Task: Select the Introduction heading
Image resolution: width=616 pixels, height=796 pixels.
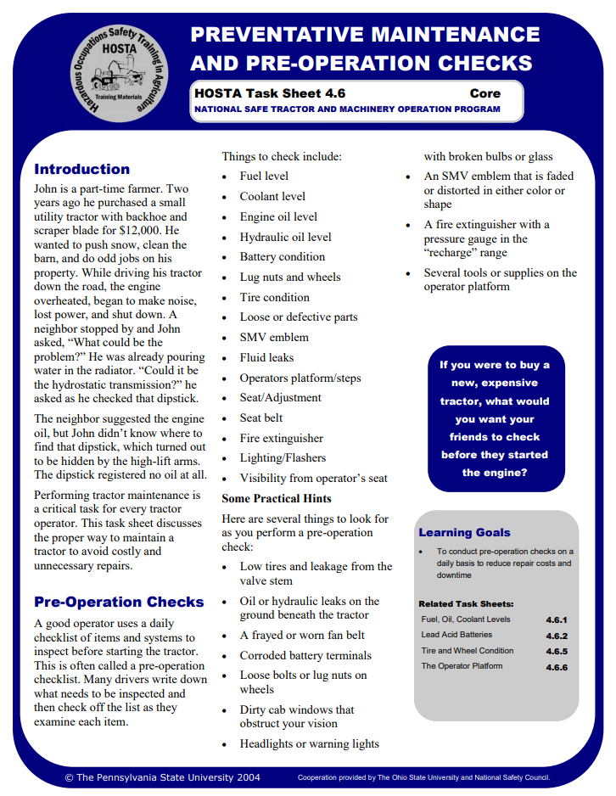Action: click(x=81, y=169)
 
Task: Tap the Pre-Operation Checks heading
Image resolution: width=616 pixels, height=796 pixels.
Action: click(x=119, y=602)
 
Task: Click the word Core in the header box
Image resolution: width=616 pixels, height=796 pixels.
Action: click(x=484, y=93)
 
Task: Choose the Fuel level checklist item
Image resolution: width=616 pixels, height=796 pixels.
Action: click(x=264, y=176)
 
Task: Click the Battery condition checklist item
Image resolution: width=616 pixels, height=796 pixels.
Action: click(x=282, y=256)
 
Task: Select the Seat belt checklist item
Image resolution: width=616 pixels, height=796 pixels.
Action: click(x=260, y=418)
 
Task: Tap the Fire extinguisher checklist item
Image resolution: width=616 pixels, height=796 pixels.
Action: click(x=281, y=438)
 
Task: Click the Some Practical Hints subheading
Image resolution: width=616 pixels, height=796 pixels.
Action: click(x=277, y=498)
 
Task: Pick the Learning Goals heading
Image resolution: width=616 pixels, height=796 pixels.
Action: click(x=464, y=533)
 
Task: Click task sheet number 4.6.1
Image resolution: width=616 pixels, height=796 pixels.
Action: click(x=556, y=619)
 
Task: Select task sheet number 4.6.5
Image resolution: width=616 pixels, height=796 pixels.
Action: click(x=556, y=651)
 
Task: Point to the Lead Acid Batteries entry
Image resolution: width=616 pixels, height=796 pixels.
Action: click(x=456, y=635)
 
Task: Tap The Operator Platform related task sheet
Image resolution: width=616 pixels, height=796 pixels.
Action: click(x=462, y=666)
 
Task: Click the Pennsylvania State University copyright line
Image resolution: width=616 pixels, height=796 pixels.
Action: click(x=162, y=777)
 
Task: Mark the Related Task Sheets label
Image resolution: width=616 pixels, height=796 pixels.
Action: click(x=466, y=603)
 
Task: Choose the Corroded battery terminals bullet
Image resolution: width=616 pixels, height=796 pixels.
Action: click(x=305, y=655)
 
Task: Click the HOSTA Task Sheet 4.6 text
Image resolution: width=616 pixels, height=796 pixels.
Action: click(x=269, y=93)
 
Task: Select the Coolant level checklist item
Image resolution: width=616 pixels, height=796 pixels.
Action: click(x=272, y=196)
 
